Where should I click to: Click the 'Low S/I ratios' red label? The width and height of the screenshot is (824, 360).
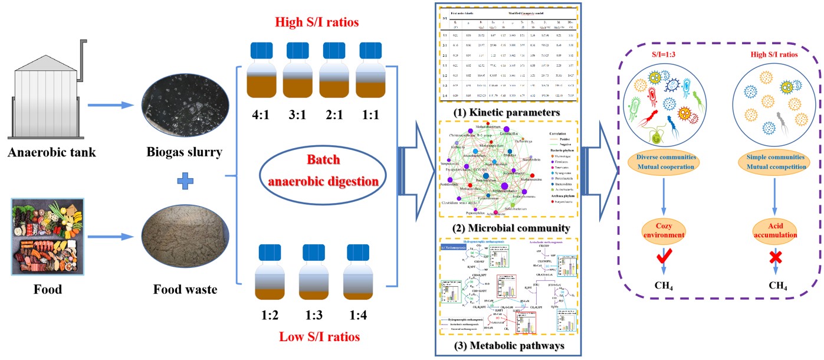313,337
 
